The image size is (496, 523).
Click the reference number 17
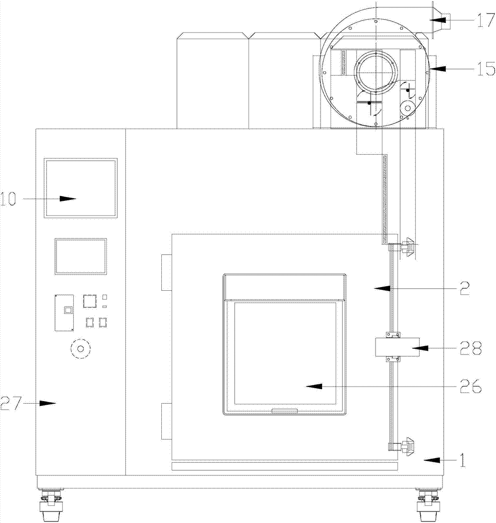click(x=486, y=20)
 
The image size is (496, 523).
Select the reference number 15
click(x=486, y=69)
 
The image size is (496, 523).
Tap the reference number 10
click(x=8, y=199)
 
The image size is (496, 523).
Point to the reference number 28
click(x=471, y=348)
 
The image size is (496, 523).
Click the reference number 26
click(x=470, y=386)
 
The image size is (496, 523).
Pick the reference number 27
click(x=10, y=403)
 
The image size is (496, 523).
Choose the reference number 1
click(x=462, y=460)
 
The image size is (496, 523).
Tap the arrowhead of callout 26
click(x=314, y=386)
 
